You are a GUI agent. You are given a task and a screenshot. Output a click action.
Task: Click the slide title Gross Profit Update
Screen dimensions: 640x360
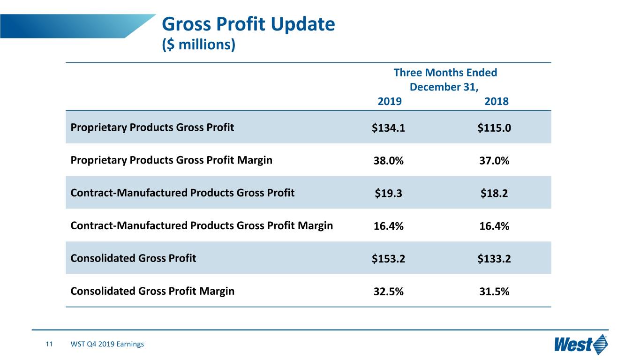pyautogui.click(x=248, y=24)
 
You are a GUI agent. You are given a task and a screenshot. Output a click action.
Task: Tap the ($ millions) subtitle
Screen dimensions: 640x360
pyautogui.click(x=199, y=45)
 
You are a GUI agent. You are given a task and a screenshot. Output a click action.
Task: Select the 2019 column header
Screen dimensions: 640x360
pyautogui.click(x=390, y=101)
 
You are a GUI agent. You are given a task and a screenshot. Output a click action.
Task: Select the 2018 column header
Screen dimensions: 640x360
pyautogui.click(x=497, y=101)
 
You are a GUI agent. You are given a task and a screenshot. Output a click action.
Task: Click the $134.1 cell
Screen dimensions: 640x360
pyautogui.click(x=388, y=127)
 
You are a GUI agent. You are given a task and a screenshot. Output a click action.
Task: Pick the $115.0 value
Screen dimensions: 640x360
pyautogui.click(x=494, y=127)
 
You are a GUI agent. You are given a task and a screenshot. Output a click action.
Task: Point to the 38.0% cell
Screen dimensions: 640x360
pyautogui.click(x=389, y=161)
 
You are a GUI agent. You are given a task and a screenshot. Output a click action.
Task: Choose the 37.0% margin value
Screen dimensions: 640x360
pyautogui.click(x=494, y=161)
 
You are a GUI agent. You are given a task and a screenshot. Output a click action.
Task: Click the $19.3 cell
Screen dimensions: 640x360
pyautogui.click(x=388, y=193)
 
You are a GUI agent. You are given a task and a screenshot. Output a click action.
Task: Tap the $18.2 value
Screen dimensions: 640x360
pyautogui.click(x=494, y=193)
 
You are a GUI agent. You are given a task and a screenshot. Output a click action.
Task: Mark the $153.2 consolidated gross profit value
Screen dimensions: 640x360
pyautogui.click(x=388, y=259)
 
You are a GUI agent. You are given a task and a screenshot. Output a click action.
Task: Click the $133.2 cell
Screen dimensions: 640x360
pyautogui.click(x=494, y=259)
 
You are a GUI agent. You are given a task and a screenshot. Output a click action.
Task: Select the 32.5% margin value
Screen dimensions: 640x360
pyautogui.click(x=389, y=292)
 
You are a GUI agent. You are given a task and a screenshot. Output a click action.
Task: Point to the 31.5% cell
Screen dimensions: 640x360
pyautogui.click(x=494, y=292)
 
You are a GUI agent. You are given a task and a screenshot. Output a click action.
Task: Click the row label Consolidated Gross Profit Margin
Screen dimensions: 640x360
pyautogui.click(x=152, y=291)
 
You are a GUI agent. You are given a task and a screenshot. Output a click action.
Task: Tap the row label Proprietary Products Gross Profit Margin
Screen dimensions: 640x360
pyautogui.click(x=172, y=160)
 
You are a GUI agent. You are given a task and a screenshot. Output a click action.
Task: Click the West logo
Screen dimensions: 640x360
pyautogui.click(x=581, y=344)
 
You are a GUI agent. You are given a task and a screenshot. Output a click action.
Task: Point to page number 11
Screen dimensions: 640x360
pyautogui.click(x=49, y=344)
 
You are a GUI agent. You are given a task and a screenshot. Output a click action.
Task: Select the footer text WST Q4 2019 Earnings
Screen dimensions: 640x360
pyautogui.click(x=107, y=344)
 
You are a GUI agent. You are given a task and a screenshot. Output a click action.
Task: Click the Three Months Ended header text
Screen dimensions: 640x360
pyautogui.click(x=445, y=73)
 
